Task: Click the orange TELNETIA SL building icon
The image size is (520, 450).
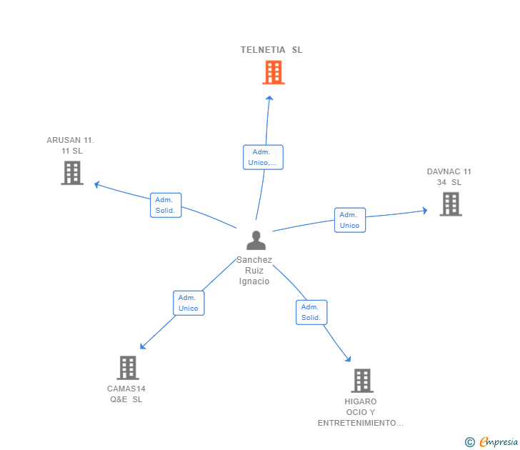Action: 273,72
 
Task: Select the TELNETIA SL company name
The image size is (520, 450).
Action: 271,50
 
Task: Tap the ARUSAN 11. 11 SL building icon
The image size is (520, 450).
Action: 72,173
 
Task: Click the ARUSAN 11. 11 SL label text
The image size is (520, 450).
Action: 71,146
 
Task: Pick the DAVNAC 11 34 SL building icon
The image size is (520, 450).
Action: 450,204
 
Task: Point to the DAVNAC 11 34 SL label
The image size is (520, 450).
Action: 449,176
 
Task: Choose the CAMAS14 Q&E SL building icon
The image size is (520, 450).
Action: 127,368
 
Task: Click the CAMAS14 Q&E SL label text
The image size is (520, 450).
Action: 126,394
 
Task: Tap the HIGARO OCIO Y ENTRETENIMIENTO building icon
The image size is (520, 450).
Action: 362,381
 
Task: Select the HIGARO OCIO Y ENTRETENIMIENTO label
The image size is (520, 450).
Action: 361,412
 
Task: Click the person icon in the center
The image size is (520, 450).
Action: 255,241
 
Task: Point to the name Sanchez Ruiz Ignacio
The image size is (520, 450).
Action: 254,271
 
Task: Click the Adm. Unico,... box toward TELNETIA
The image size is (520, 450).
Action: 263,157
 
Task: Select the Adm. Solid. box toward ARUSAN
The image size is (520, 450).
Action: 166,205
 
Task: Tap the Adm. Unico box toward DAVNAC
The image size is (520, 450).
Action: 349,220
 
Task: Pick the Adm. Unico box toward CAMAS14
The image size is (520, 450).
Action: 189,303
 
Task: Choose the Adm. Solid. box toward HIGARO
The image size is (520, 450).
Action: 311,312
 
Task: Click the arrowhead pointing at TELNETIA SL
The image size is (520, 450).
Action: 269,98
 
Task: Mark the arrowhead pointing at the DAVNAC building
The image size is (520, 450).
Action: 424,211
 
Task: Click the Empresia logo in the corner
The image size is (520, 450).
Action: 492,442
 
